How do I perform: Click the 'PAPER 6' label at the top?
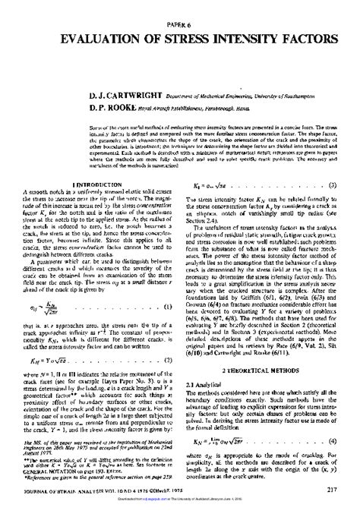(x=179, y=25)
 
